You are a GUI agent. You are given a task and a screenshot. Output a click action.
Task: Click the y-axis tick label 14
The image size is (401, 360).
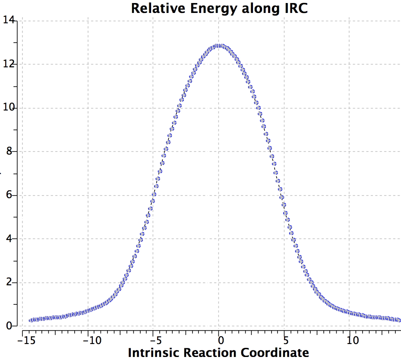pyautogui.click(x=9, y=20)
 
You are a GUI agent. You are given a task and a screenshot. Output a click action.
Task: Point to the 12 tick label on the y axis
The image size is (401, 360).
pyautogui.click(x=9, y=64)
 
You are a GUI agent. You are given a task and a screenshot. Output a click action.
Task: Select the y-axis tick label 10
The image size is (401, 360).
pyautogui.click(x=9, y=108)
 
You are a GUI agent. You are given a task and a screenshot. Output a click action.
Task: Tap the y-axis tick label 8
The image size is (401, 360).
pyautogui.click(x=11, y=152)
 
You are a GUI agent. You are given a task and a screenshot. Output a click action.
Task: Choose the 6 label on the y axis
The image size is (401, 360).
pyautogui.click(x=11, y=195)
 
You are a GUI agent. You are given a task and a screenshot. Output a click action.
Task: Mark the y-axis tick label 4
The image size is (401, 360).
pyautogui.click(x=11, y=239)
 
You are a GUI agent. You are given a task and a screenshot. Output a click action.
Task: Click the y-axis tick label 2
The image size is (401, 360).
pyautogui.click(x=11, y=283)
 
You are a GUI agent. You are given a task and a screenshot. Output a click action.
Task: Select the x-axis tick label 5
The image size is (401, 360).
pyautogui.click(x=285, y=340)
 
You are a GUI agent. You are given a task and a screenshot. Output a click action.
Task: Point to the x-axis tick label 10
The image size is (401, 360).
pyautogui.click(x=353, y=340)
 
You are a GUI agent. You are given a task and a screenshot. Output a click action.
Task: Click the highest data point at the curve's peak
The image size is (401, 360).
pyautogui.click(x=219, y=45)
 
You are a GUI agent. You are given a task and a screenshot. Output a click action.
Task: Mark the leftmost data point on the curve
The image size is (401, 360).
pyautogui.click(x=30, y=320)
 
